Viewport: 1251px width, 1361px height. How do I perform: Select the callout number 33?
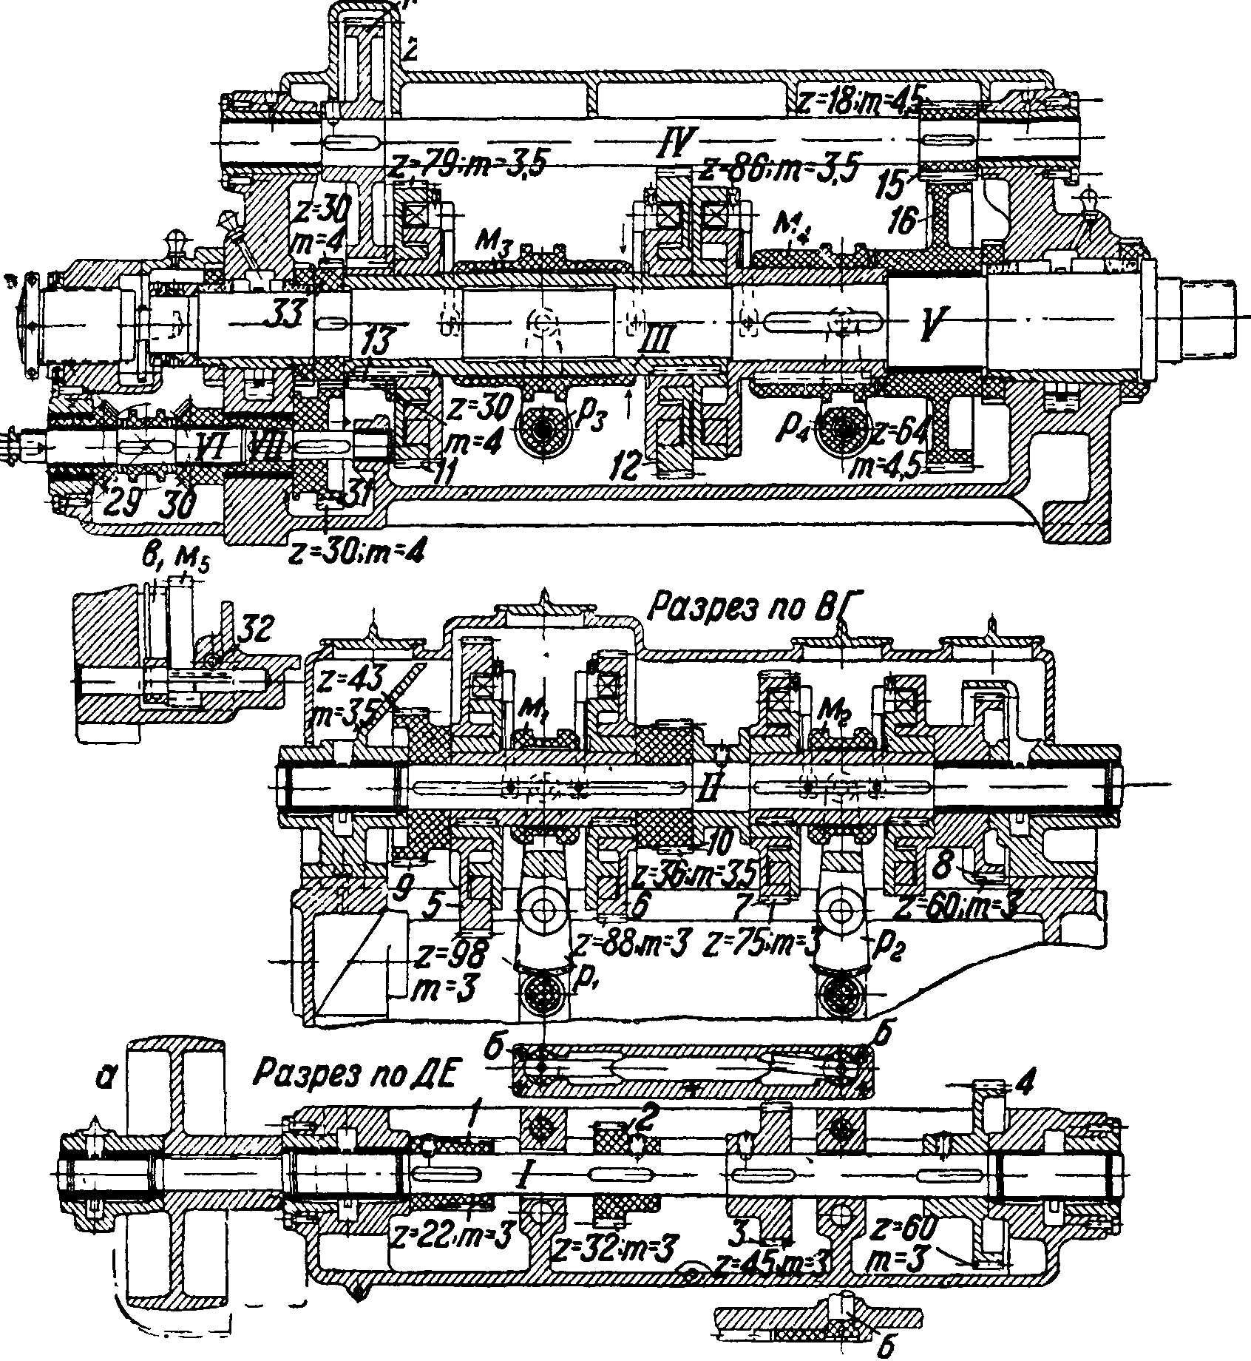click(284, 314)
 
